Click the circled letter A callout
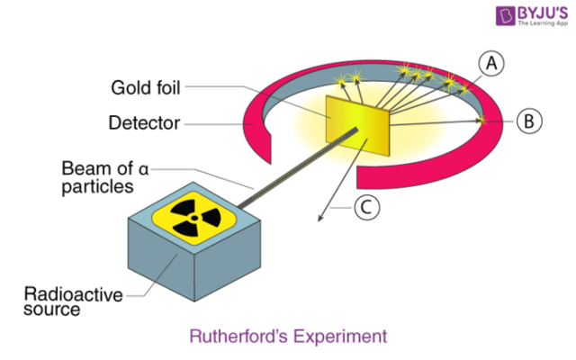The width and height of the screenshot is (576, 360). click(491, 62)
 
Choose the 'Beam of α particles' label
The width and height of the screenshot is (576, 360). click(100, 176)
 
